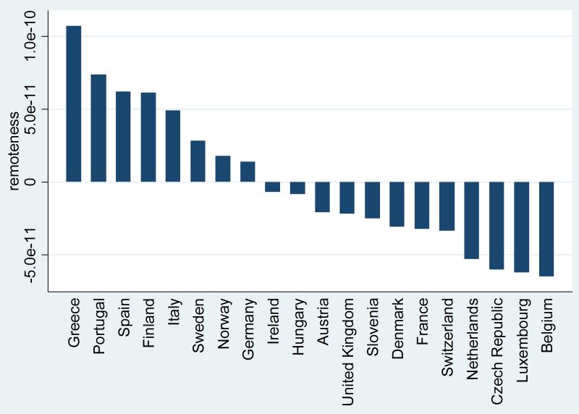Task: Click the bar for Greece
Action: click(74, 103)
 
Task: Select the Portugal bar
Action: click(98, 128)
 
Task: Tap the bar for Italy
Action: click(173, 145)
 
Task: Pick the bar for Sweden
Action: click(198, 161)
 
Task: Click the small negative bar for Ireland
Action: click(272, 187)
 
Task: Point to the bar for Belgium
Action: click(546, 229)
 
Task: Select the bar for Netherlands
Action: click(472, 220)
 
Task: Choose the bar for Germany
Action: click(248, 172)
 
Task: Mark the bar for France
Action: click(422, 205)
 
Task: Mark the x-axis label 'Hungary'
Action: click(297, 324)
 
